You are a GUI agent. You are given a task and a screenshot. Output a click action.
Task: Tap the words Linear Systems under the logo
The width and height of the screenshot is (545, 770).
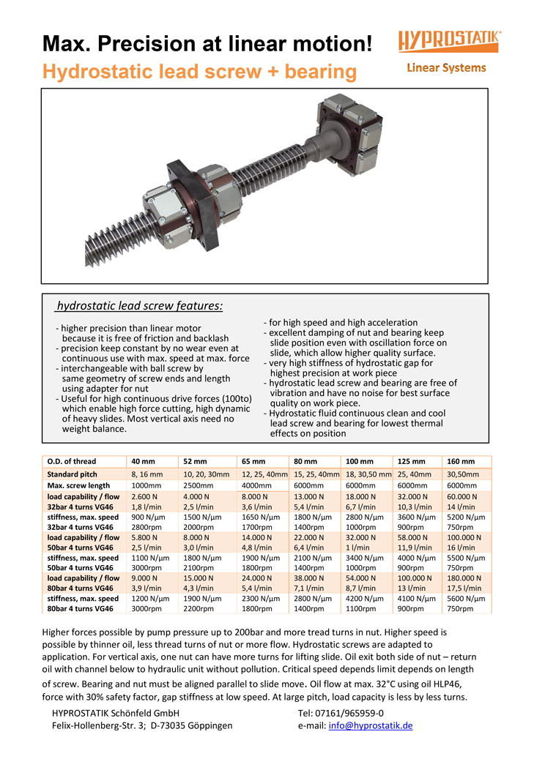click(446, 68)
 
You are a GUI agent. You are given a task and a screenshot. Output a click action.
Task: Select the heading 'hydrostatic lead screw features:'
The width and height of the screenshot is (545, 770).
click(140, 306)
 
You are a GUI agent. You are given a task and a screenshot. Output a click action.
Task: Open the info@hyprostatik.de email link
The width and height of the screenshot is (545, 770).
click(371, 725)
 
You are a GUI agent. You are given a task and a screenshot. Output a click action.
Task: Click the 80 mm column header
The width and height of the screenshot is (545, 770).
click(304, 461)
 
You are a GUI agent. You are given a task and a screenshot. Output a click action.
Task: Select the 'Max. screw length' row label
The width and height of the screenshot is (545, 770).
click(78, 485)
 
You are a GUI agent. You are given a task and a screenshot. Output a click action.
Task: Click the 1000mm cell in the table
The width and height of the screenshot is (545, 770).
click(146, 485)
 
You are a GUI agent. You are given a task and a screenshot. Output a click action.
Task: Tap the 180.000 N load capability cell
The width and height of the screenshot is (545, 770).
click(464, 577)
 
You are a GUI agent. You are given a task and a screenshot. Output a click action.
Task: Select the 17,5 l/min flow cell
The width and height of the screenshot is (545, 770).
click(464, 588)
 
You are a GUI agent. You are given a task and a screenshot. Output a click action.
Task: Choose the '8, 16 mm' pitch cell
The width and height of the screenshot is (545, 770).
click(147, 474)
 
